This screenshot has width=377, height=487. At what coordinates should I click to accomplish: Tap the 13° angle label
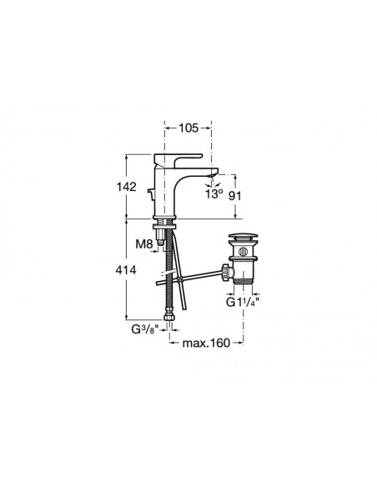point(214,194)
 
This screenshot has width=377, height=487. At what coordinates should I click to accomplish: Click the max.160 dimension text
point(205,341)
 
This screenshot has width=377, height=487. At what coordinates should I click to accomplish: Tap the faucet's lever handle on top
point(185,158)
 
